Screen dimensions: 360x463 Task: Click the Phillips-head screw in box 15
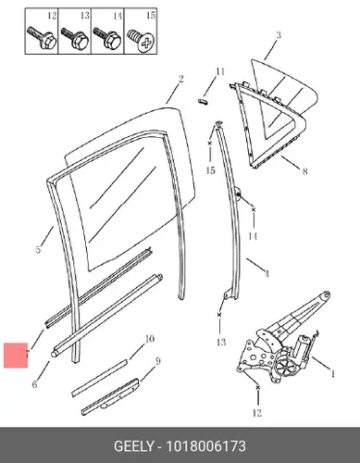tap(141, 40)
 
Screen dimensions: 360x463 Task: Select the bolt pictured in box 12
tap(42, 38)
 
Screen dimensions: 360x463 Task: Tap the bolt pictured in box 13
tap(75, 38)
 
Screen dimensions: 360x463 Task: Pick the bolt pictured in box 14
tap(107, 38)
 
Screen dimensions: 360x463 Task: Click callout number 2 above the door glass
tap(180, 79)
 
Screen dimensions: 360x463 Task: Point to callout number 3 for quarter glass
tap(279, 34)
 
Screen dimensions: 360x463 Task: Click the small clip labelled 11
tap(203, 101)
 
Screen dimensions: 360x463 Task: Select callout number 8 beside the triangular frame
tap(304, 171)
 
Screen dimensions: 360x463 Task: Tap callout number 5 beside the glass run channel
tap(38, 249)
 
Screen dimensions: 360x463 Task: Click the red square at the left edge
tap(16, 356)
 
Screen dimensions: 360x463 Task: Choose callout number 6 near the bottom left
tap(34, 384)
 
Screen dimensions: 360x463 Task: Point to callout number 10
tap(149, 339)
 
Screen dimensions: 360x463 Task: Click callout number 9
tap(157, 360)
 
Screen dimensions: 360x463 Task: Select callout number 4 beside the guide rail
tap(267, 273)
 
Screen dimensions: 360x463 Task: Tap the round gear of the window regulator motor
tap(282, 366)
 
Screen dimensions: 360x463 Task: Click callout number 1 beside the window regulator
tap(332, 374)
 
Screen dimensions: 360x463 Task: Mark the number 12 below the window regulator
tap(257, 413)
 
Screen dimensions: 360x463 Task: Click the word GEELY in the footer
tap(133, 446)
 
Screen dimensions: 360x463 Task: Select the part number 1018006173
tap(206, 446)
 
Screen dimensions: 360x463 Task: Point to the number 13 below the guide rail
tap(221, 342)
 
